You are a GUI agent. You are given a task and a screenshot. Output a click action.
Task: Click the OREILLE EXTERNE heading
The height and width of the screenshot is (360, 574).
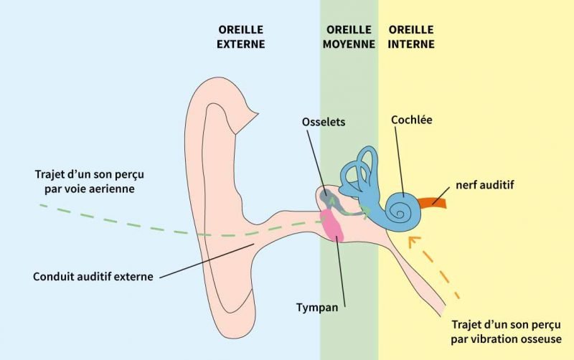[x=240, y=37]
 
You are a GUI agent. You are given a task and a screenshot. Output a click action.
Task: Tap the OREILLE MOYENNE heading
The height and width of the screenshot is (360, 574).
[x=349, y=37]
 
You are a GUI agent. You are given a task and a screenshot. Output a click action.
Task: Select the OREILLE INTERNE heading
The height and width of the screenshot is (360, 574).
[x=411, y=37]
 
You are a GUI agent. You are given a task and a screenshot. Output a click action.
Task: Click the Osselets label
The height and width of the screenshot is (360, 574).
[x=324, y=122]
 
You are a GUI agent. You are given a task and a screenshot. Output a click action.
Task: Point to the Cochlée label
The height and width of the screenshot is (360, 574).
[x=411, y=120]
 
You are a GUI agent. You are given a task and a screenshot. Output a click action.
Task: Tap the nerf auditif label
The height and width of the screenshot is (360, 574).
[x=485, y=185]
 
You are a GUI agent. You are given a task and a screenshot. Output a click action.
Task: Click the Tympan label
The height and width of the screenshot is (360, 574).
[x=317, y=308]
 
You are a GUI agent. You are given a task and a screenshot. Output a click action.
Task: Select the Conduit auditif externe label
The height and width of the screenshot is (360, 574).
[x=93, y=276]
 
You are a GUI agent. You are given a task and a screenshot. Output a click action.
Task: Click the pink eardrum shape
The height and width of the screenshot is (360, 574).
[x=332, y=226]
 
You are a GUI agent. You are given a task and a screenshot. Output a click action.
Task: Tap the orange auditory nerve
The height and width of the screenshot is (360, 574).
[x=433, y=202]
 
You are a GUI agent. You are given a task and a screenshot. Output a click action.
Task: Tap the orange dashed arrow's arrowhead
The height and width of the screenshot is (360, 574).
[x=413, y=242]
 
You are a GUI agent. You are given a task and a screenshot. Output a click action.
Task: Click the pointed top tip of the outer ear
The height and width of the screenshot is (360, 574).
[x=258, y=113]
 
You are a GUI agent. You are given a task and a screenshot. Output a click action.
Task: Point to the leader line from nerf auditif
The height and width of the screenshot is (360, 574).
[x=441, y=195]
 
